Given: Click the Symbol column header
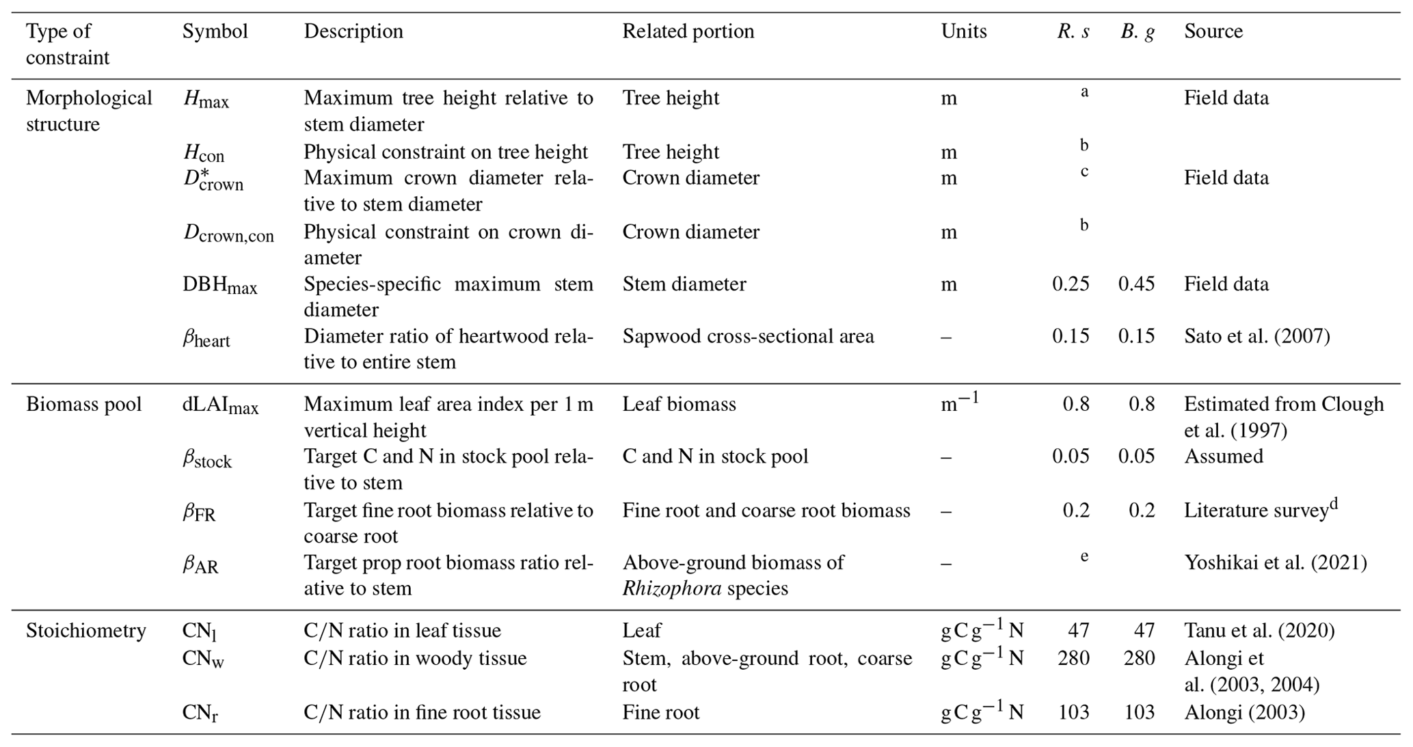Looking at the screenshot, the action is [x=215, y=31].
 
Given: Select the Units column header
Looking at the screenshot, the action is [x=963, y=31].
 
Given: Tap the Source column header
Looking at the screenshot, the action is [x=1213, y=31].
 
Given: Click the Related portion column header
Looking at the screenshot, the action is [x=688, y=31].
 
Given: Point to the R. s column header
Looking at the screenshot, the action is [x=1073, y=31].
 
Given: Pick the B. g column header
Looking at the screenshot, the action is [x=1138, y=31].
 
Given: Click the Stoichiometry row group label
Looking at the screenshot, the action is [x=86, y=630].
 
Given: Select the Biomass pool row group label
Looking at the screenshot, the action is [x=84, y=404].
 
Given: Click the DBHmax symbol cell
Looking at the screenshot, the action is [x=219, y=285].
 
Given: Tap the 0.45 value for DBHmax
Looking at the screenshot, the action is [x=1136, y=284].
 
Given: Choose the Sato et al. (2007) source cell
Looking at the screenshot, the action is [x=1256, y=336].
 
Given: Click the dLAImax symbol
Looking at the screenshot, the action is [x=220, y=405].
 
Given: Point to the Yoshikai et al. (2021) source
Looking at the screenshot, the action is [x=1275, y=562].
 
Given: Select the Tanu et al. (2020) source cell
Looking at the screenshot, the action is [x=1259, y=630].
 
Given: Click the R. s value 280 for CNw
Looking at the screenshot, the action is [x=1073, y=658].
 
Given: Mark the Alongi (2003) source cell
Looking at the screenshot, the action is [x=1244, y=712].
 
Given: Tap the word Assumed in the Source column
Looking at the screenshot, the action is [x=1223, y=456].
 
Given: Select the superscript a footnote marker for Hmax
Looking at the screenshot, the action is [x=1084, y=92].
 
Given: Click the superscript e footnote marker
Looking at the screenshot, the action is [x=1084, y=556].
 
